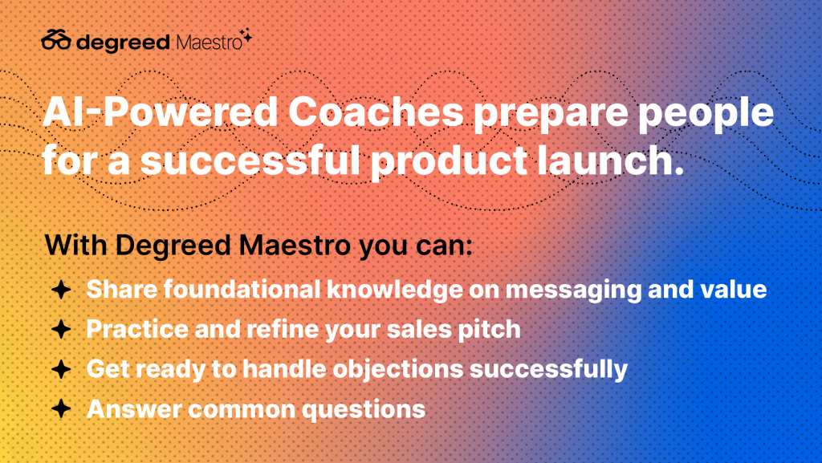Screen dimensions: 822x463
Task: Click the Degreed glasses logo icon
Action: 56,40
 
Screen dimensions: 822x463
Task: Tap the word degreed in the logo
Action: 123,43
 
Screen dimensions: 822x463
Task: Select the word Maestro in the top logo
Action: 210,43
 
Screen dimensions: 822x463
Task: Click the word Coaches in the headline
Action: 376,112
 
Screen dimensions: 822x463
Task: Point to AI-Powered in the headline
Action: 160,112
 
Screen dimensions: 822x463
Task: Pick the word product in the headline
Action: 449,161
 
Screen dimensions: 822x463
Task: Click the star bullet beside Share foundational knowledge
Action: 61,290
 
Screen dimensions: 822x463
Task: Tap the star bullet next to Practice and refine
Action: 61,330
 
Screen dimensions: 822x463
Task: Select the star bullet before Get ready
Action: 61,369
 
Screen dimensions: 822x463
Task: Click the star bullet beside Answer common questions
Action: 61,409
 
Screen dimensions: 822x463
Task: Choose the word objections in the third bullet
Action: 398,370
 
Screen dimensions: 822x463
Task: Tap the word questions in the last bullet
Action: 364,410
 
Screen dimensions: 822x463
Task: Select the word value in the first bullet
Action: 734,290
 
